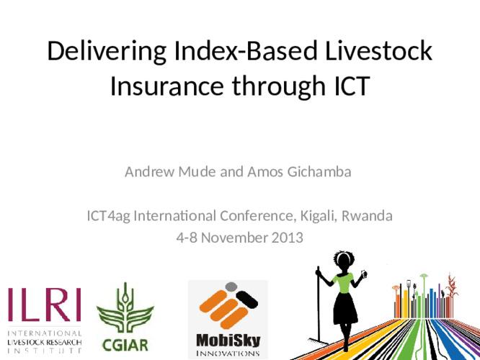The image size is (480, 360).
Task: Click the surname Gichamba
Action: pos(319,172)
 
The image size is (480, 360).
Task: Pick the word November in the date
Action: pos(231,236)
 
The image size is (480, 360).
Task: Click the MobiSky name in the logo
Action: pos(228,338)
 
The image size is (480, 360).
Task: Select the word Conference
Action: pos(256,215)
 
